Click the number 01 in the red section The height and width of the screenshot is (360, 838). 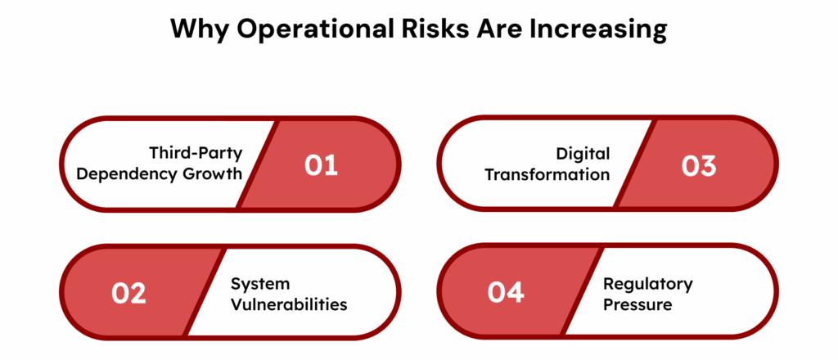(321, 165)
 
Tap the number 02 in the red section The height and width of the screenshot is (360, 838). (128, 293)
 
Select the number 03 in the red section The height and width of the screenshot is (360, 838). (699, 165)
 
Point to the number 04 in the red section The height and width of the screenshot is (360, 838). (506, 293)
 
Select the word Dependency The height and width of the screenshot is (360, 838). (137, 174)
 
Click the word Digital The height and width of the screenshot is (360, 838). (583, 154)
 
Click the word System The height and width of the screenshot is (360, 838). (259, 284)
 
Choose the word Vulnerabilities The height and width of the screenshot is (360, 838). (288, 304)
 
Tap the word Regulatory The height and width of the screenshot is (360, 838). (647, 284)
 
